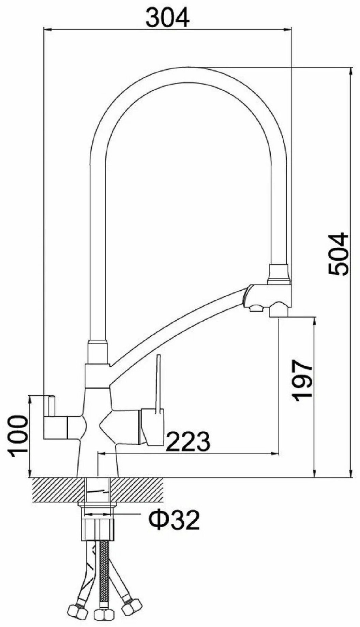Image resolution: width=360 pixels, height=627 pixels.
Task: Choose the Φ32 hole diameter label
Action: (174, 520)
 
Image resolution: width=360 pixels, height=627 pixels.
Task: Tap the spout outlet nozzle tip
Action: (279, 310)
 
